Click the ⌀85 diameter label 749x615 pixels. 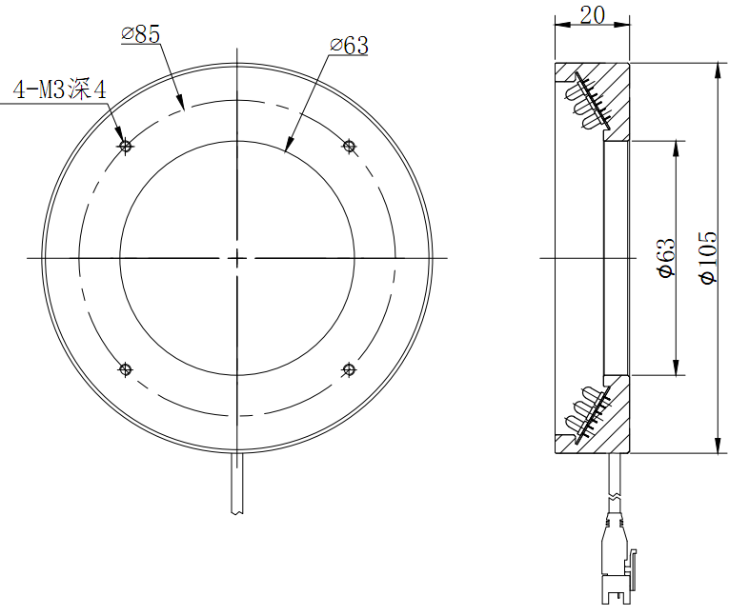point(141,35)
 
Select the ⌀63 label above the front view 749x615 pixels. point(349,45)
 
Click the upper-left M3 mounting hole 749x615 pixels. point(125,147)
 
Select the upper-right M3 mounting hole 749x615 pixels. point(349,146)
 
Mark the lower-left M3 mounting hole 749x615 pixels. point(125,369)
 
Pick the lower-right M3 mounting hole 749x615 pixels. point(349,369)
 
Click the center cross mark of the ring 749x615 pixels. point(236,257)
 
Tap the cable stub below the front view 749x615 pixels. point(236,486)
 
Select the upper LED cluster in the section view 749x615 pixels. point(586,100)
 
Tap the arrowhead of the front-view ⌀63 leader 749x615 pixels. point(289,147)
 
